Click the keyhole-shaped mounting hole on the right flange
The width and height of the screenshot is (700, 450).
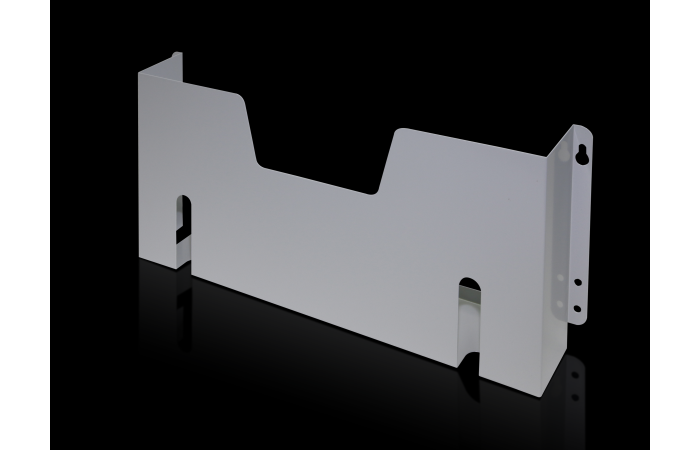pyautogui.click(x=580, y=153)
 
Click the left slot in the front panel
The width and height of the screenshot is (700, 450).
pyautogui.click(x=184, y=220)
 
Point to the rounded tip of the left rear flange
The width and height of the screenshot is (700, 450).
pyautogui.click(x=177, y=55)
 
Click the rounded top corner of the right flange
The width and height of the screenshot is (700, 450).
pyautogui.click(x=584, y=128)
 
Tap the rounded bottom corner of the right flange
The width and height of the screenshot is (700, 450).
pyautogui.click(x=577, y=322)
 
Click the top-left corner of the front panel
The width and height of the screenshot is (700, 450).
pyautogui.click(x=139, y=74)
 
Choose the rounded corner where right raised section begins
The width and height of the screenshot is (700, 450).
pyautogui.click(x=398, y=131)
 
